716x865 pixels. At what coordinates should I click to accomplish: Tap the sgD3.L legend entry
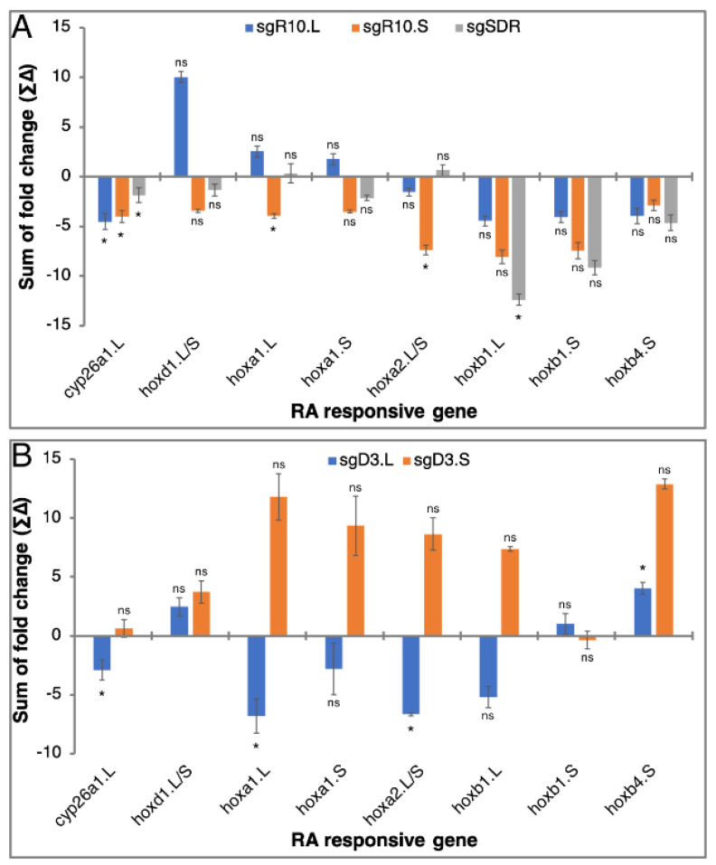(362, 460)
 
